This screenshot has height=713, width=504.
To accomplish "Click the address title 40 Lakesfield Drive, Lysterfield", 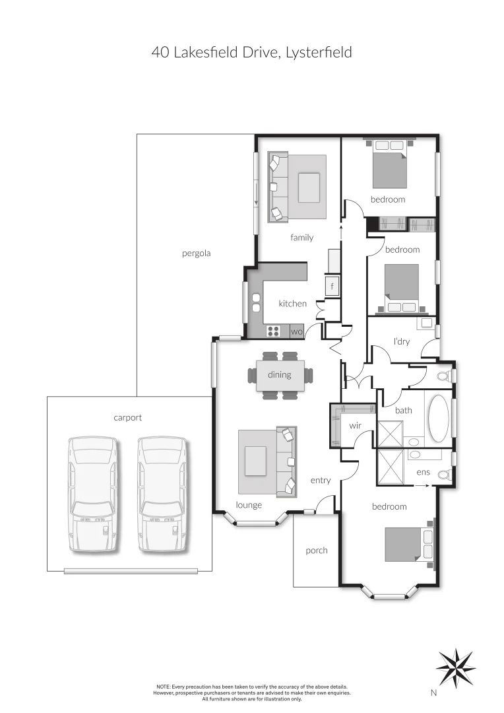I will [x=251, y=53].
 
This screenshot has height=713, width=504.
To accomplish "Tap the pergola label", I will [x=196, y=253].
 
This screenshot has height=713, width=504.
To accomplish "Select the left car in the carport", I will [x=94, y=494].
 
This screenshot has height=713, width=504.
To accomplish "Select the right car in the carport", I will [x=162, y=494].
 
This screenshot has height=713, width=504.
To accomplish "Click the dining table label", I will [x=279, y=375].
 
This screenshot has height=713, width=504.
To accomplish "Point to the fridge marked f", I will [x=332, y=286].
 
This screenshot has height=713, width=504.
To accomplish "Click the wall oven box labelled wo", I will [x=296, y=331].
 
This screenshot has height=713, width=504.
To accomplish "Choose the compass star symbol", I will [x=455, y=667].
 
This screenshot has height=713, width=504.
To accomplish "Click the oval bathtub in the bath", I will [x=440, y=419].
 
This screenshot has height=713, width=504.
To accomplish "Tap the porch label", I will [x=316, y=551].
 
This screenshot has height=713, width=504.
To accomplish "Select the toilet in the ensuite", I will [x=445, y=474].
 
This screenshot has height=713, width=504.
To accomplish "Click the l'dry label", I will [x=401, y=341].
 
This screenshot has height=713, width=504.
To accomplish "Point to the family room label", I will [x=301, y=238].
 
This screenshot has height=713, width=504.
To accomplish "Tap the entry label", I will [x=320, y=481].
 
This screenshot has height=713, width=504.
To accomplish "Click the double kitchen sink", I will [x=256, y=302].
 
